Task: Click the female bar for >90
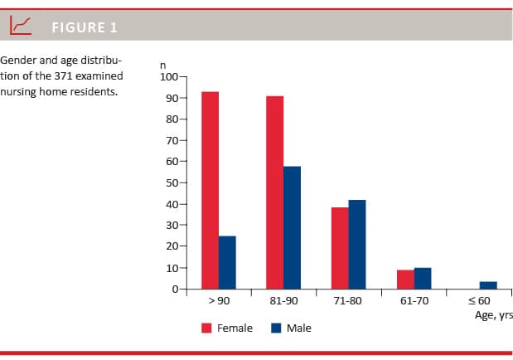pyautogui.click(x=211, y=190)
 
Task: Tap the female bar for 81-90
pyautogui.click(x=275, y=192)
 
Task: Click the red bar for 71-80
pyautogui.click(x=340, y=248)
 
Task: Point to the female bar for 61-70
pyautogui.click(x=404, y=280)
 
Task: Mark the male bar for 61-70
pyautogui.click(x=422, y=279)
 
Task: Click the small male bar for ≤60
pyautogui.click(x=488, y=285)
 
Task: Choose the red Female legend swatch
pyautogui.click(x=207, y=328)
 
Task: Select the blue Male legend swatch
pyautogui.click(x=277, y=328)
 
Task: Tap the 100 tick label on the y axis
pyautogui.click(x=169, y=77)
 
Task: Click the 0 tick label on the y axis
pyautogui.click(x=175, y=289)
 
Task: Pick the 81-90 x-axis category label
pyautogui.click(x=283, y=301)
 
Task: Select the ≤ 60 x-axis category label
pyautogui.click(x=480, y=301)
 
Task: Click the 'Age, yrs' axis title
pyautogui.click(x=493, y=315)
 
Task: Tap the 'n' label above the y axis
pyautogui.click(x=163, y=66)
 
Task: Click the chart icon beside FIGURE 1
pyautogui.click(x=21, y=27)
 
